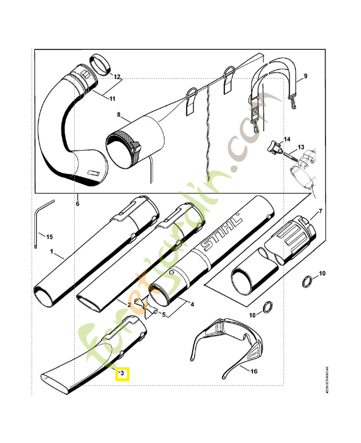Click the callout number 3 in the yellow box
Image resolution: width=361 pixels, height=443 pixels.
(122, 375)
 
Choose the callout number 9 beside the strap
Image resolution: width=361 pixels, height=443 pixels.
(305, 75)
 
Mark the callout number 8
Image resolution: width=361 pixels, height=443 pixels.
(118, 115)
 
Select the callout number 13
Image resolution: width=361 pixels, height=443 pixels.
(301, 148)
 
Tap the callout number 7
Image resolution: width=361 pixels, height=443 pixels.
(319, 213)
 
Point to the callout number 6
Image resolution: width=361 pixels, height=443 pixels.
(78, 204)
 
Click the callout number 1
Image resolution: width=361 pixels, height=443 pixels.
(51, 251)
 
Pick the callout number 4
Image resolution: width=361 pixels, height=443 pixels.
(192, 304)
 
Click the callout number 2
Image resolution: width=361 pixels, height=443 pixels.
(128, 305)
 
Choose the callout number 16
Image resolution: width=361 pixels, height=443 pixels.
(254, 372)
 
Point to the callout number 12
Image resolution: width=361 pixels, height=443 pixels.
(117, 76)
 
